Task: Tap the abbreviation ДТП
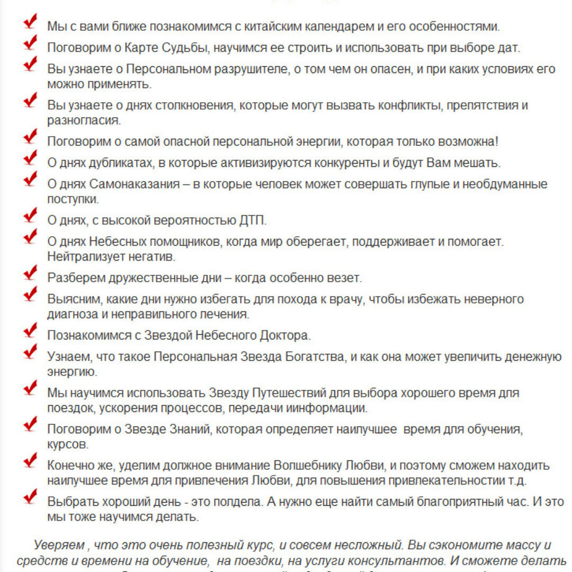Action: (x=255, y=220)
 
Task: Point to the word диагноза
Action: (x=72, y=314)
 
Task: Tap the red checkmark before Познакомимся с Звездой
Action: (x=31, y=332)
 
